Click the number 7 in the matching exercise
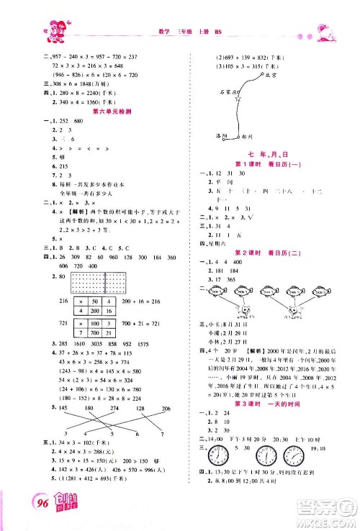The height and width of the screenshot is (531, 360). pyautogui.click(x=162, y=435)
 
